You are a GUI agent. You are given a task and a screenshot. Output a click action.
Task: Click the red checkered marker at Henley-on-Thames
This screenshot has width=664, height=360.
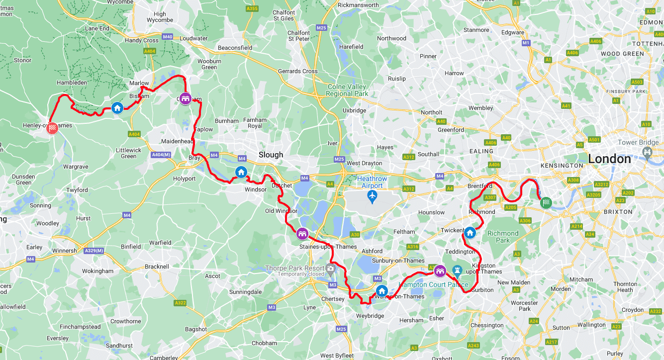pyautogui.click(x=52, y=128)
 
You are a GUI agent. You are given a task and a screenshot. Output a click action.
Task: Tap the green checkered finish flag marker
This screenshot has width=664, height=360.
pyautogui.click(x=546, y=203)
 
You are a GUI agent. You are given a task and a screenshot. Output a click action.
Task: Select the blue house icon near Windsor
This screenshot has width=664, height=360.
pyautogui.click(x=241, y=173)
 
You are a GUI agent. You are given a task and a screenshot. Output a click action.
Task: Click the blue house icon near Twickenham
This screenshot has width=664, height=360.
pyautogui.click(x=470, y=232)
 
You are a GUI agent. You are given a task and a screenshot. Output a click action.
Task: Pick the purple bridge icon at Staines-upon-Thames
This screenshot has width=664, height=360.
pyautogui.click(x=302, y=234)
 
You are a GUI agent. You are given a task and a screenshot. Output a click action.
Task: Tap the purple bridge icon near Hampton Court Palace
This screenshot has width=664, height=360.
pyautogui.click(x=440, y=271)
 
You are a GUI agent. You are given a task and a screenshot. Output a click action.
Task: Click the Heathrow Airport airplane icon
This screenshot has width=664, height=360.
pyautogui.click(x=372, y=196)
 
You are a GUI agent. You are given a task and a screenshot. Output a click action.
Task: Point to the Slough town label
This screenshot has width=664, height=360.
pyautogui.click(x=271, y=155)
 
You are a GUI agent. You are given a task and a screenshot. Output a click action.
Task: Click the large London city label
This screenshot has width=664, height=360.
pyautogui.click(x=609, y=159)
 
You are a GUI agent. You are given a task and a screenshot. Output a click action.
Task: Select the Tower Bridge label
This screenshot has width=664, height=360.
pyautogui.click(x=638, y=143)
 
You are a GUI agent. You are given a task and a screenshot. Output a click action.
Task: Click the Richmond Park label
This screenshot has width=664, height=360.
pyautogui.click(x=503, y=237)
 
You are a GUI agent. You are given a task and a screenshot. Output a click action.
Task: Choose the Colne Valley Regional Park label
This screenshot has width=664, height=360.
pyautogui.click(x=347, y=90)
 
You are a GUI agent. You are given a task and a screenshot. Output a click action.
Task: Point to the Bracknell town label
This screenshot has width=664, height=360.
pyautogui.click(x=157, y=267)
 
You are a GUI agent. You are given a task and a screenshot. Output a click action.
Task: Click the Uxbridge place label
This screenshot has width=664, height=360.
pyautogui.click(x=354, y=110)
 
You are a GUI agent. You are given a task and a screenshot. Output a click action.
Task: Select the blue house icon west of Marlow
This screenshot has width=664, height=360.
pyautogui.click(x=117, y=107)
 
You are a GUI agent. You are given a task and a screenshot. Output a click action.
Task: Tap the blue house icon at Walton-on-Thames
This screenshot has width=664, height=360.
pyautogui.click(x=381, y=291)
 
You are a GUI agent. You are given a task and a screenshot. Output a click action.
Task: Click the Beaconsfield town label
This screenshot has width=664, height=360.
pyautogui.click(x=235, y=48)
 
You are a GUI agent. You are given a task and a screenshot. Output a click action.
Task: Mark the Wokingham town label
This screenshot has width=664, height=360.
pyautogui.click(x=98, y=271)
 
